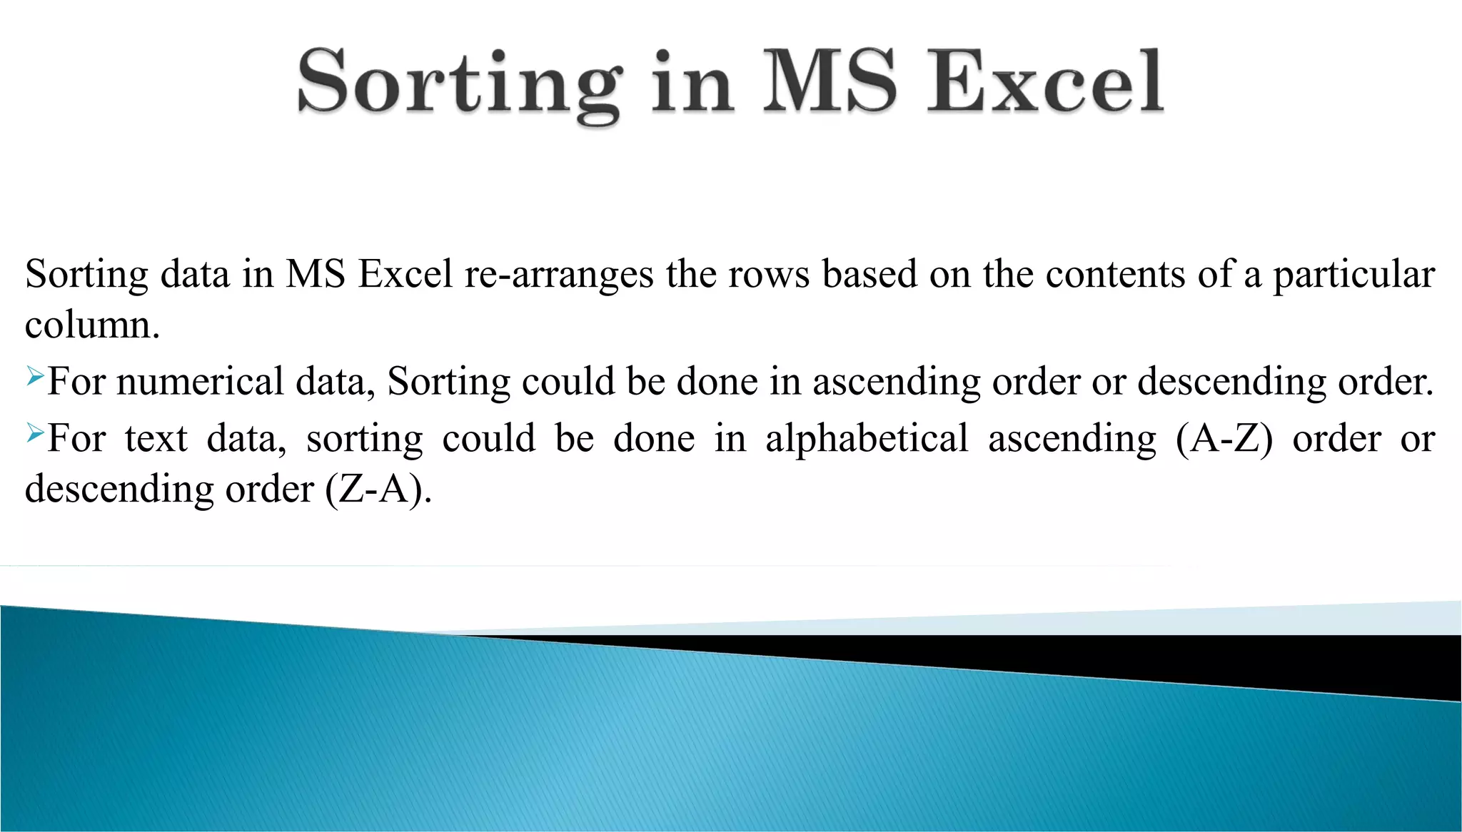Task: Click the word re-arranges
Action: [x=559, y=275]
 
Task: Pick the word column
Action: [x=91, y=325]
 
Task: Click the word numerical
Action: [x=201, y=382]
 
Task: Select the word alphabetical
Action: [x=867, y=438]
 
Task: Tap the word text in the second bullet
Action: [x=156, y=439]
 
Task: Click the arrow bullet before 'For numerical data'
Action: [x=35, y=375]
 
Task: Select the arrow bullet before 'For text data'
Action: [x=35, y=432]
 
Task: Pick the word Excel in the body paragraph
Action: [x=405, y=274]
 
